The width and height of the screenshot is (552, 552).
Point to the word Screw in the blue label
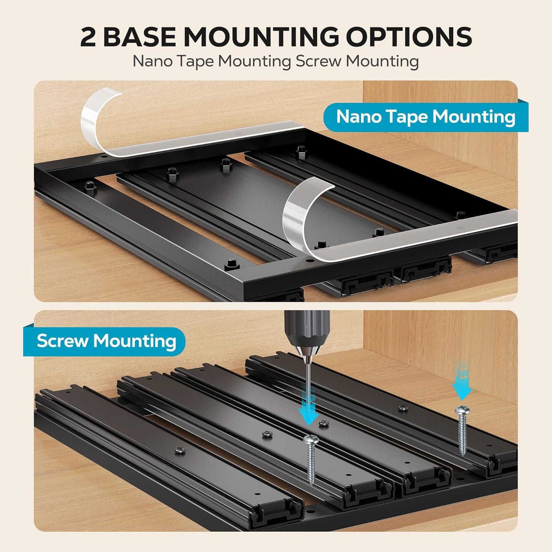[x=62, y=341]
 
